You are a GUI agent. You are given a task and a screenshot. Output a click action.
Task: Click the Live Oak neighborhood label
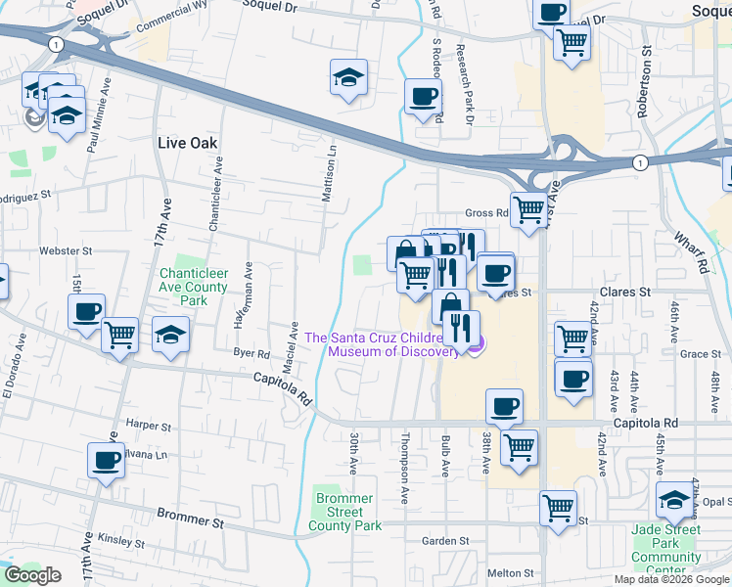(187, 143)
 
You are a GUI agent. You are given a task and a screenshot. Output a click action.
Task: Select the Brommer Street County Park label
(344, 512)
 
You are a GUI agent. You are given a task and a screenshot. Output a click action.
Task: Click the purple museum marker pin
(475, 344)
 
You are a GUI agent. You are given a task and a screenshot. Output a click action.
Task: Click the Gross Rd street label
(486, 213)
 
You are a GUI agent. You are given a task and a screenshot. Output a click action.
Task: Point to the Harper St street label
(149, 427)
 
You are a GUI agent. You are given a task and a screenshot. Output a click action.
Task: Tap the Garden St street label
(445, 541)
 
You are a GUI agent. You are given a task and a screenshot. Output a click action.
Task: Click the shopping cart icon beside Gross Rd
(528, 208)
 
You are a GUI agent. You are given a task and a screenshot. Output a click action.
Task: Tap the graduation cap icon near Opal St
(673, 501)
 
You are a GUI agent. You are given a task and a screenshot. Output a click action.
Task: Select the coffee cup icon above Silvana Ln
(106, 459)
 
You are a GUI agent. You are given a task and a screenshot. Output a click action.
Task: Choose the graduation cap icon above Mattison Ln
(347, 77)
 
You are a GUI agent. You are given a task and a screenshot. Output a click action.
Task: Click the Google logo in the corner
(32, 575)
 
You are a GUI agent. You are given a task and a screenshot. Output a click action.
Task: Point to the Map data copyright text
(671, 579)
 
